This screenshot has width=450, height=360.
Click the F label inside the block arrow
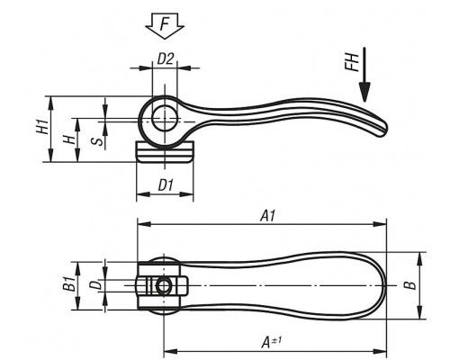pyautogui.click(x=165, y=24)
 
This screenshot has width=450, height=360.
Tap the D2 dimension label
pyautogui.click(x=166, y=58)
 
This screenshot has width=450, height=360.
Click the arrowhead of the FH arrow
pyautogui.click(x=364, y=93)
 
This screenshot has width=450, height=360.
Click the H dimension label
pyautogui.click(x=69, y=139)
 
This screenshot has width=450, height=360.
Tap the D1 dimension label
pyautogui.click(x=166, y=185)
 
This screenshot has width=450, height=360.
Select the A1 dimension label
pyautogui.click(x=267, y=216)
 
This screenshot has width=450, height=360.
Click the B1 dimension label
pyautogui.click(x=69, y=284)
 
